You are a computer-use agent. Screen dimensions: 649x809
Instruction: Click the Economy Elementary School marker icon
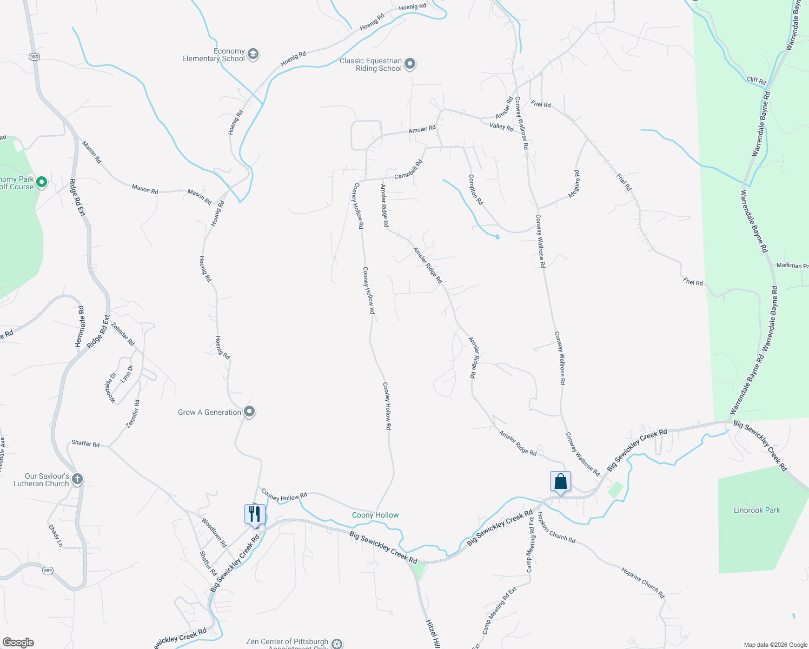(x=253, y=54)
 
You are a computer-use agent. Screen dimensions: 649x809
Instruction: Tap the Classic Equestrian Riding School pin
(x=410, y=64)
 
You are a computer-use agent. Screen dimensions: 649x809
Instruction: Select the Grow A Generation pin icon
(x=249, y=412)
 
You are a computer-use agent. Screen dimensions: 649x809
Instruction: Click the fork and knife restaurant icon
(x=255, y=514)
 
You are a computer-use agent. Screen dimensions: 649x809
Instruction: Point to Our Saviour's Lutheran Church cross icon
(x=77, y=479)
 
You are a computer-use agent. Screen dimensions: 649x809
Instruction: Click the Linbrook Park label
(x=757, y=510)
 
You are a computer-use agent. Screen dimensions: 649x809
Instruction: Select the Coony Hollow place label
(x=375, y=515)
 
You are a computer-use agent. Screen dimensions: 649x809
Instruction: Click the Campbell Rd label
(x=408, y=169)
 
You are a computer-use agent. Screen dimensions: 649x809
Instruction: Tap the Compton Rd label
(x=475, y=189)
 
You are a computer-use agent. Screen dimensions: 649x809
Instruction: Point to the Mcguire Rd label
(x=575, y=184)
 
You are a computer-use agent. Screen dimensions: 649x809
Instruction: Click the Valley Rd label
(x=501, y=127)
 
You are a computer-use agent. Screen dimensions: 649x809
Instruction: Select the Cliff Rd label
(x=756, y=81)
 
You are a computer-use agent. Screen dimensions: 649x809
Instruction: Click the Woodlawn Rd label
(x=214, y=532)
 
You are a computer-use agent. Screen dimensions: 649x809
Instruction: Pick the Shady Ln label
(x=56, y=535)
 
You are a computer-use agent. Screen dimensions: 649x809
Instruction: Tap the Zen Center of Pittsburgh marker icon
(x=337, y=644)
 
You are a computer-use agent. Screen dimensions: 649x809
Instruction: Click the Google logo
(x=18, y=643)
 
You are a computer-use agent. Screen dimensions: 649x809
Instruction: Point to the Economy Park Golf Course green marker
(x=42, y=183)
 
